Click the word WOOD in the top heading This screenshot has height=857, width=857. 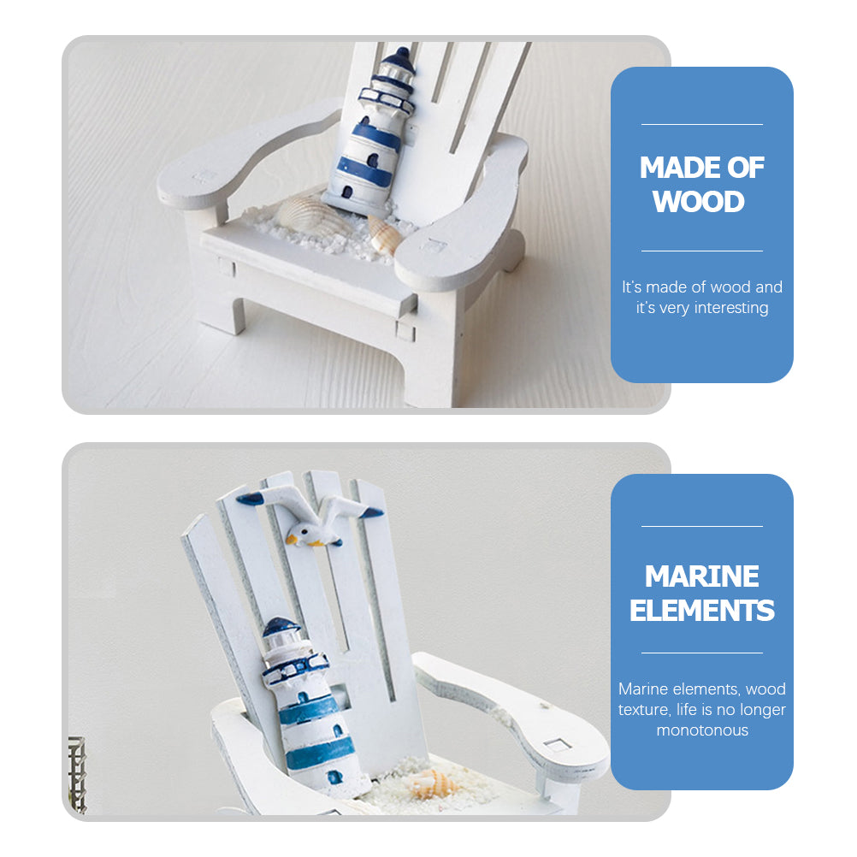coord(699,202)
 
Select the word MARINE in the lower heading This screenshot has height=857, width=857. coord(702,576)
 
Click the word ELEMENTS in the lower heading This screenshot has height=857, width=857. coord(702,610)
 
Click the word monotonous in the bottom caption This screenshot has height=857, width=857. coord(702,730)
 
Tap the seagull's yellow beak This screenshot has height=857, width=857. coord(292,540)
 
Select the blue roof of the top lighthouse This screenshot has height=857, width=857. coord(399,62)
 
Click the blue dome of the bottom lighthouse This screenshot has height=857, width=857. coord(280,626)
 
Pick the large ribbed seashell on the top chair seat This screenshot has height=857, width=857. coord(305,214)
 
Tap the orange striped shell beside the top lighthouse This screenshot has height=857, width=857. coord(384,235)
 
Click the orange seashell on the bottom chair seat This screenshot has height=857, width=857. coord(434,784)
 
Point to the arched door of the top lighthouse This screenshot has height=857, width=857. coord(347,192)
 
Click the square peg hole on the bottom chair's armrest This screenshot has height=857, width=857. coord(557,744)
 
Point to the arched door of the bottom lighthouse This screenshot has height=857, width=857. coord(334,777)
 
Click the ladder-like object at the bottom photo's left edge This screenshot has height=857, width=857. coord(77,775)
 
